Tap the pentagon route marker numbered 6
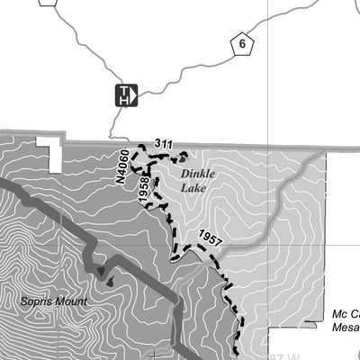click(242, 44)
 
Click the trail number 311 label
click(163, 143)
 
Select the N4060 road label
click(123, 167)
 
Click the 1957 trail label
click(209, 240)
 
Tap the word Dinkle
click(199, 174)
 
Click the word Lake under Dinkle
click(193, 188)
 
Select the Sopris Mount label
click(54, 301)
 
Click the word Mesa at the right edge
click(345, 328)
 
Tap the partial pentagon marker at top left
click(49, 3)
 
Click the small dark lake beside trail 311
click(183, 155)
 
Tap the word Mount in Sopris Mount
click(71, 301)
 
